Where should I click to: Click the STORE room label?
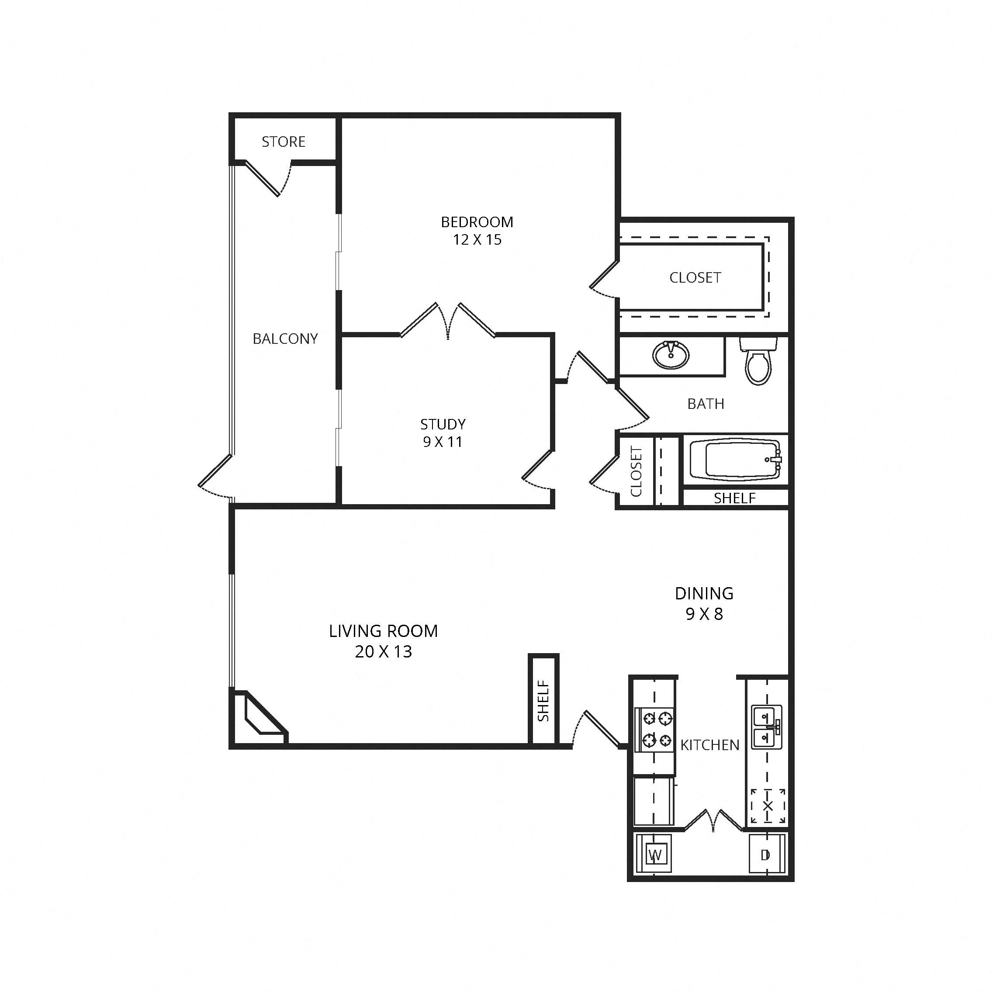pyautogui.click(x=283, y=142)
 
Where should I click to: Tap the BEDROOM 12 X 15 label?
pyautogui.click(x=477, y=231)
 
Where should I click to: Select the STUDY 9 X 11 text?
pyautogui.click(x=443, y=433)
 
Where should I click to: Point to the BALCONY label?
pyautogui.click(x=285, y=339)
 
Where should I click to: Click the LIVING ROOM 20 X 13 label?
pyautogui.click(x=384, y=641)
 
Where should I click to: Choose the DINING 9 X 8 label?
pyautogui.click(x=704, y=603)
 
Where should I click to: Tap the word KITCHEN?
pyautogui.click(x=710, y=745)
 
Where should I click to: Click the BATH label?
pyautogui.click(x=706, y=404)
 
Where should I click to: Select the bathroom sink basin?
pyautogui.click(x=671, y=355)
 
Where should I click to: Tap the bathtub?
pyautogui.click(x=735, y=460)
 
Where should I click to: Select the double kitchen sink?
pyautogui.click(x=766, y=727)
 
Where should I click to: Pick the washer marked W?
pyautogui.click(x=655, y=855)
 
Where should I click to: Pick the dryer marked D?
pyautogui.click(x=765, y=855)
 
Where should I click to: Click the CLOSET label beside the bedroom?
pyautogui.click(x=695, y=277)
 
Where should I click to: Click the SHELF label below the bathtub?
pyautogui.click(x=734, y=498)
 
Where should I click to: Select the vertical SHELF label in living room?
pyautogui.click(x=543, y=701)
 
